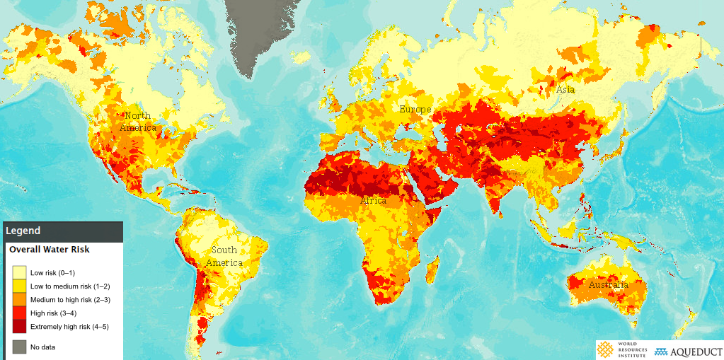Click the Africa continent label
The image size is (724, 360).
(373, 201)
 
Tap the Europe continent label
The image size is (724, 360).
(415, 110)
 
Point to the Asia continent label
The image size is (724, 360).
(565, 90)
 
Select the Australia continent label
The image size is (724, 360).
(608, 285)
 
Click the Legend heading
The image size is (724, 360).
(24, 231)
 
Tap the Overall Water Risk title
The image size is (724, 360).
(49, 250)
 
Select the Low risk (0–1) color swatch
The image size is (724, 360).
(19, 273)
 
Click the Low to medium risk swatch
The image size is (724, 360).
(19, 286)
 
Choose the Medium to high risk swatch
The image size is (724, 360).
(19, 300)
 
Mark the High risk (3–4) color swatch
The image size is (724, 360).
(19, 313)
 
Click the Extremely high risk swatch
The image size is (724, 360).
(19, 327)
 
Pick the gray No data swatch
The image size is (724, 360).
(19, 347)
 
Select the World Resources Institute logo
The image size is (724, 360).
(623, 351)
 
